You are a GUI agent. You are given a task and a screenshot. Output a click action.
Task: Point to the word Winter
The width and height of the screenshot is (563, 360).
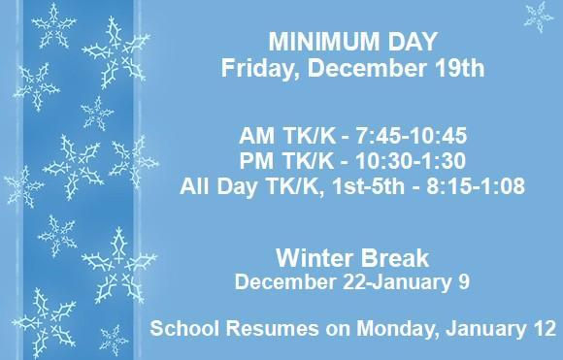315,260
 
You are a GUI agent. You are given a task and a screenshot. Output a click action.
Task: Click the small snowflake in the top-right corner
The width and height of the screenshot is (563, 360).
536,16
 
